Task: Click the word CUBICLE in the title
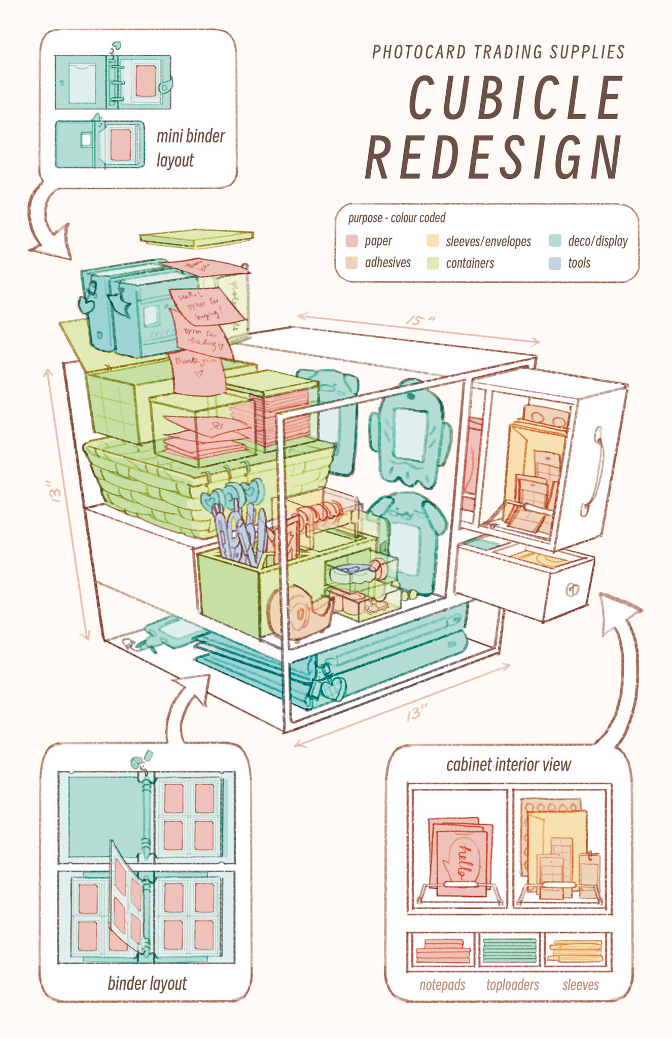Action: [x=515, y=97]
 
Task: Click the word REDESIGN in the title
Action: [x=493, y=157]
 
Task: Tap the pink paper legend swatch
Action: [x=352, y=241]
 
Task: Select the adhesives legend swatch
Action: [x=352, y=263]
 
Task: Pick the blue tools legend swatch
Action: [x=555, y=263]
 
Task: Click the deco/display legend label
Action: [x=598, y=241]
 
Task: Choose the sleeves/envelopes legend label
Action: [x=488, y=242]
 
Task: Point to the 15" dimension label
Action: [x=420, y=321]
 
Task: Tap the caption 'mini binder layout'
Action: [x=190, y=148]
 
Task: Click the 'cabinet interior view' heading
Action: [x=509, y=764]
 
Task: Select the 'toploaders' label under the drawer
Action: [x=512, y=985]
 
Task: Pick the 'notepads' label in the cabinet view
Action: [x=442, y=985]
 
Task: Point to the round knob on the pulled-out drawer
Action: [x=573, y=589]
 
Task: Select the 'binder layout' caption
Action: [x=147, y=983]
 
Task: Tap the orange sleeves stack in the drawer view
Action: [x=577, y=951]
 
